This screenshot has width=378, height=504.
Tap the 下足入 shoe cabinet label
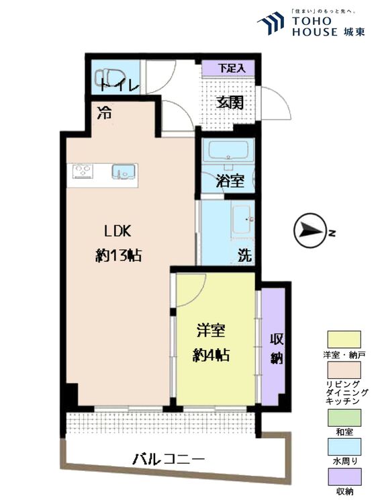[x=231, y=68]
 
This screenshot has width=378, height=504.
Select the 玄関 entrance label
[x=230, y=103]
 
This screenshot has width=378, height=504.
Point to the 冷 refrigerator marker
[x=105, y=113]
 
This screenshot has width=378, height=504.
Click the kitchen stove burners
[x=83, y=171]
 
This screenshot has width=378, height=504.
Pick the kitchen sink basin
[x=123, y=171]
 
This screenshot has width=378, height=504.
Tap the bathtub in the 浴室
[x=228, y=150]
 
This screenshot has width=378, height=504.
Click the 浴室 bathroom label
[x=230, y=181]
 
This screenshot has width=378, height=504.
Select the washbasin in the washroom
[x=242, y=220]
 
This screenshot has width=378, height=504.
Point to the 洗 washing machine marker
[x=244, y=256]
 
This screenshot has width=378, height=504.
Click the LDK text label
[x=117, y=231]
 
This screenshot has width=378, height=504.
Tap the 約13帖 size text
[x=119, y=256]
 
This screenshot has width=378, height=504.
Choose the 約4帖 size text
[x=211, y=355]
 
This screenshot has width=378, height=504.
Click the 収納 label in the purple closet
[x=277, y=348]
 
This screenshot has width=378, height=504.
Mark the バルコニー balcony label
[x=169, y=460]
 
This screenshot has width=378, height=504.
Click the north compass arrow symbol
[x=310, y=230]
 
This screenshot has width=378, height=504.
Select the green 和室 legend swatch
[x=344, y=417]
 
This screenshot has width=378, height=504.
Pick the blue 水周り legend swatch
[x=344, y=447]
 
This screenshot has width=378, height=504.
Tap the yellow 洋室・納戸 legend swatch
[x=344, y=339]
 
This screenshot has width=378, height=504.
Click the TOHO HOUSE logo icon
[x=271, y=23]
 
